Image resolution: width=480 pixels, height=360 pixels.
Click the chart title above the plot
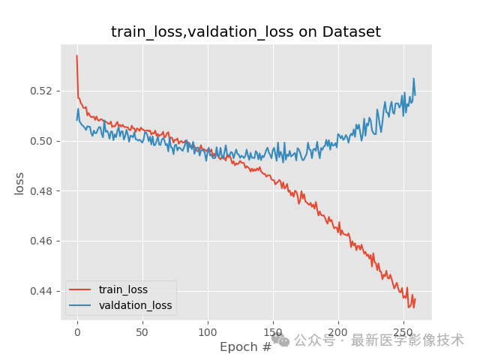click(246, 32)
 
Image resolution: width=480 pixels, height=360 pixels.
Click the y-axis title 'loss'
click(20, 183)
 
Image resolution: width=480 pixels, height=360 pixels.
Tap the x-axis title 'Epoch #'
click(245, 347)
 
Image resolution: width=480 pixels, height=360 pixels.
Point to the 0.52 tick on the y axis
click(43, 91)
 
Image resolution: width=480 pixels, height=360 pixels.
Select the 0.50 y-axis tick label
click(43, 141)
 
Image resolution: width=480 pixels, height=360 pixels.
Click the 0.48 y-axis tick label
click(43, 191)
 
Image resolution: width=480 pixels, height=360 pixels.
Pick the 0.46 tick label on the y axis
click(43, 241)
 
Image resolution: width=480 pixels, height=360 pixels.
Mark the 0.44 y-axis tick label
click(43, 291)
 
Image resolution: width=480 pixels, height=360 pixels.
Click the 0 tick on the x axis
click(77, 331)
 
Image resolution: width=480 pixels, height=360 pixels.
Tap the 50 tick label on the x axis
click(142, 331)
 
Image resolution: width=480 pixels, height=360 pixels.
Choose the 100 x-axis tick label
click(208, 331)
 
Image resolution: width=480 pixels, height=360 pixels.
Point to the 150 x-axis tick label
click(273, 331)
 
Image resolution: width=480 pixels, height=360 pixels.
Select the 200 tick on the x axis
click(338, 331)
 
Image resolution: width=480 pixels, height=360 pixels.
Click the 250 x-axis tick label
click(403, 331)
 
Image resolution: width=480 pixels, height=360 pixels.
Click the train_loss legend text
click(123, 289)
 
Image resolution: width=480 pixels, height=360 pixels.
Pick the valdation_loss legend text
click(135, 305)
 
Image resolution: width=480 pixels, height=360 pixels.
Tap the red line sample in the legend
click(80, 289)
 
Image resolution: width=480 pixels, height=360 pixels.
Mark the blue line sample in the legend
click(80, 305)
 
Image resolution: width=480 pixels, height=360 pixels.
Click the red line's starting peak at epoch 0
click(76, 55)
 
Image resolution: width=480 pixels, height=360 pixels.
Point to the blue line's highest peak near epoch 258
click(413, 79)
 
